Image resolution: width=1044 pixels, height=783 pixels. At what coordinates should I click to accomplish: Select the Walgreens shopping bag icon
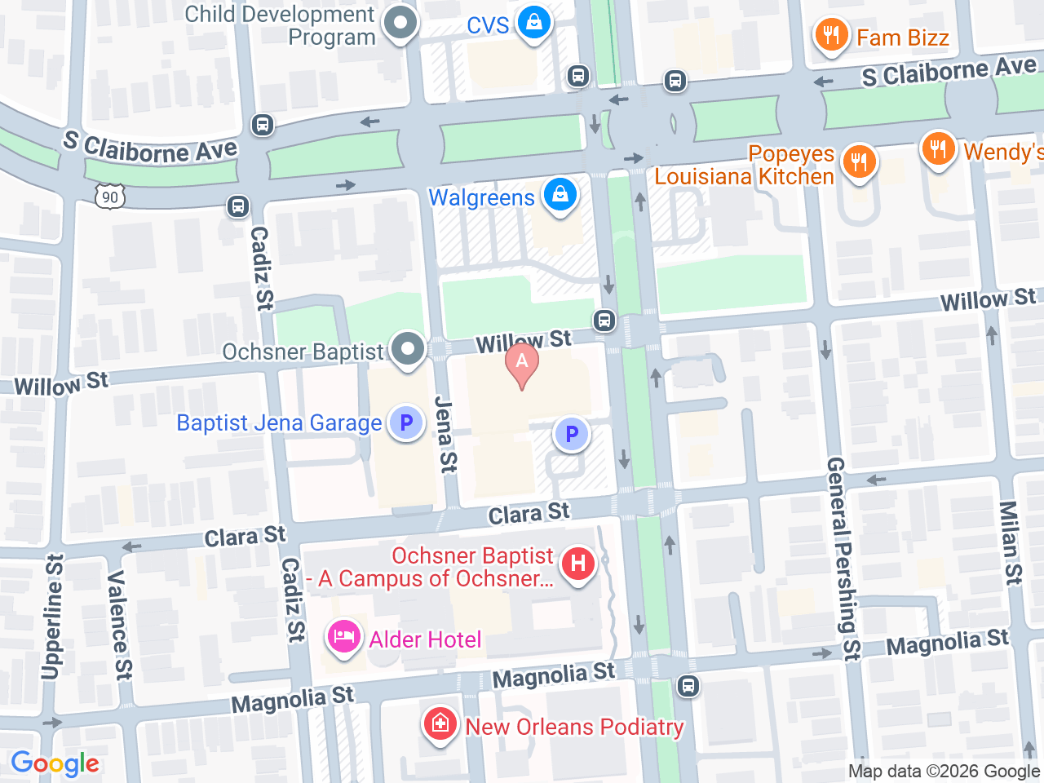point(560,196)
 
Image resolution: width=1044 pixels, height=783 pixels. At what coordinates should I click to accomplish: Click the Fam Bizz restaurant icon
point(830,36)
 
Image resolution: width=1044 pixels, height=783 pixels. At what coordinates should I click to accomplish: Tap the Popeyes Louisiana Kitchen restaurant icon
point(858,161)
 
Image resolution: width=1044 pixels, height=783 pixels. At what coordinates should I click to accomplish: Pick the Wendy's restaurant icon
point(938,149)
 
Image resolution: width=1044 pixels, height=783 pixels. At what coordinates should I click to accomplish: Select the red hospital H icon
point(578,564)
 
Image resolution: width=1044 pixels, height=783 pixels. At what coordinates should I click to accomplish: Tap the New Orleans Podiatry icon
point(440,724)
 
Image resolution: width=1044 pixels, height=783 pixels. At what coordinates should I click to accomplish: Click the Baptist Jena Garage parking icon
point(405,423)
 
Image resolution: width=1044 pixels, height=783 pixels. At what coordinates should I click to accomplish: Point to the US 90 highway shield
point(110,197)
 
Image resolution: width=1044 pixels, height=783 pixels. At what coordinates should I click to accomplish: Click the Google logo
point(55,764)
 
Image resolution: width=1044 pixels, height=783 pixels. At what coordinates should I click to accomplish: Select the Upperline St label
point(52,617)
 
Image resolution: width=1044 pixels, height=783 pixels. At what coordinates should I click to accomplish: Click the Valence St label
point(119,624)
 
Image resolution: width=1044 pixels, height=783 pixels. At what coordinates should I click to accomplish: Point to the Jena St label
point(445,434)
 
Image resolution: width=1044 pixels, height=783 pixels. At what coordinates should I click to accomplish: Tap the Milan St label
point(1010,543)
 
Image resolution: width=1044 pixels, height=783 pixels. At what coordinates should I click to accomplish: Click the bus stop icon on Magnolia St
point(688,685)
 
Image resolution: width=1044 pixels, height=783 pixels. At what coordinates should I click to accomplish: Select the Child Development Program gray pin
point(400,23)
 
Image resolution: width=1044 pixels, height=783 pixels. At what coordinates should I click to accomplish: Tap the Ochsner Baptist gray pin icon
point(408,349)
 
